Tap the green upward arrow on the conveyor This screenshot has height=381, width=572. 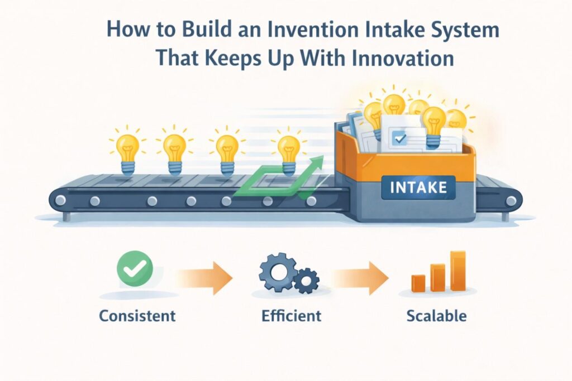279,177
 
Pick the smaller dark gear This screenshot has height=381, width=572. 306,280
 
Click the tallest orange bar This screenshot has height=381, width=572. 458,271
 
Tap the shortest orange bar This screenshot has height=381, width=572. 418,283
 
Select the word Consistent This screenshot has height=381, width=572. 137,316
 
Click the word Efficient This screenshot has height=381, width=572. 291,316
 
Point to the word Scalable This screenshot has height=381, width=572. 436,316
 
